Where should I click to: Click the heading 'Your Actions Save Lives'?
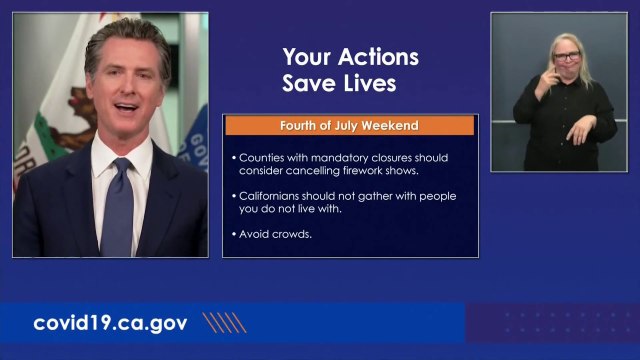click(350, 69)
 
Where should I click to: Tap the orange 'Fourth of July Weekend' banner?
click(349, 126)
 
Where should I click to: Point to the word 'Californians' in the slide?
click(273, 196)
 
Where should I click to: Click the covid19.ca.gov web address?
click(111, 323)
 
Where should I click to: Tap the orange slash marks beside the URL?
click(224, 322)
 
